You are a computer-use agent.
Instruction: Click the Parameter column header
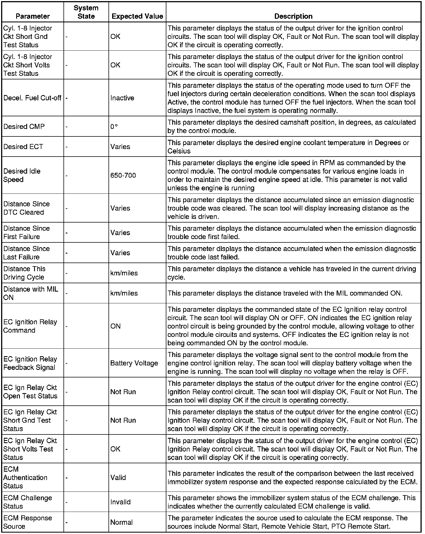coord(33,16)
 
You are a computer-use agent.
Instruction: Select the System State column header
coord(86,12)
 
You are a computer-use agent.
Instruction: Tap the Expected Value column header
coord(137,16)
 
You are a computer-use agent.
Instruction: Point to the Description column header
coord(293,16)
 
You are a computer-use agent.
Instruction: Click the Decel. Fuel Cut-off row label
coord(32,98)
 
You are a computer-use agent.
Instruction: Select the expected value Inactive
coord(122,98)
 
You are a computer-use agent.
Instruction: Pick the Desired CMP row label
coord(24,126)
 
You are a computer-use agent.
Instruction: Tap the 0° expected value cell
coord(114,126)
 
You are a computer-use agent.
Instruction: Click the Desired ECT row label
coord(23,147)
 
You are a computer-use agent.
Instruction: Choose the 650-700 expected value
coord(123,175)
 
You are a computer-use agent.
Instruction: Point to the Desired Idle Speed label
coord(22,175)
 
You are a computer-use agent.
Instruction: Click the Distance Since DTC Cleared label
coord(26,208)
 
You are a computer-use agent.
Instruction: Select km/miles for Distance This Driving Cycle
coord(124,273)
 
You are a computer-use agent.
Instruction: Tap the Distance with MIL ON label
coord(31,293)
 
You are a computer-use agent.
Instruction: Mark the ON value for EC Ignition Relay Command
coord(115,326)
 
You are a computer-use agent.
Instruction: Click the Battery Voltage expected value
coord(134,363)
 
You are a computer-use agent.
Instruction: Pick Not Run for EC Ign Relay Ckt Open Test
coord(123,392)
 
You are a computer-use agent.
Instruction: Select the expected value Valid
coord(118,478)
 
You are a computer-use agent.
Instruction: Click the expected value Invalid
coord(120,502)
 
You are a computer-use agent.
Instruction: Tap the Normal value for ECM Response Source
coord(121,522)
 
